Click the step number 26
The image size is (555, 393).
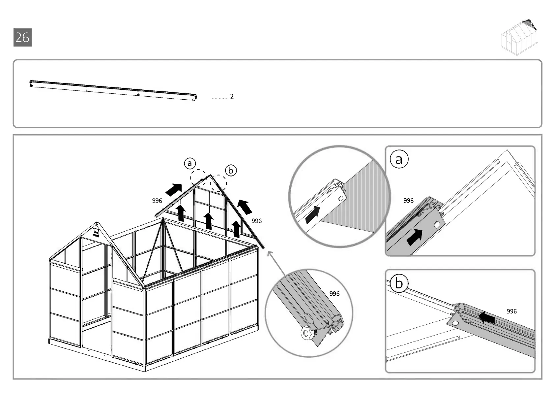click(22, 37)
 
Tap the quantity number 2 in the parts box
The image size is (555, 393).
click(232, 97)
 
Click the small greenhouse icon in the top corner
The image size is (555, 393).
click(519, 37)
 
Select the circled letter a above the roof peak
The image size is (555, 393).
click(190, 163)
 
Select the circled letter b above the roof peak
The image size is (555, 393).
click(231, 170)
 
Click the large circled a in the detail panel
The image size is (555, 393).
click(399, 159)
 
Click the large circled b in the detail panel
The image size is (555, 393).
click(399, 283)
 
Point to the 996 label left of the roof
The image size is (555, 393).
click(157, 201)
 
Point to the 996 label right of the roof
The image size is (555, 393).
click(256, 221)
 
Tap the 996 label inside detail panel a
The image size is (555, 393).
click(408, 201)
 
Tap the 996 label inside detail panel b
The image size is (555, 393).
click(511, 311)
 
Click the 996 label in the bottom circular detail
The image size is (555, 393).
click(334, 294)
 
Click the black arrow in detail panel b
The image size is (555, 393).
click(487, 318)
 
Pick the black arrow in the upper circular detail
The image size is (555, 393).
click(312, 215)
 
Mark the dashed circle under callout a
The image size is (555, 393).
click(199, 178)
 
